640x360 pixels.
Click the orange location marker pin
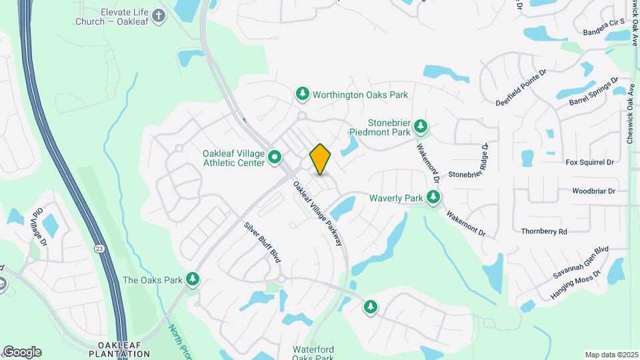click(x=320, y=159)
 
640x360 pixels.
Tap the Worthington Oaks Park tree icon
click(x=303, y=94)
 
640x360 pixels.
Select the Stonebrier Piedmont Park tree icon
click(x=420, y=126)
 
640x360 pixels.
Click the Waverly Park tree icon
click(x=434, y=197)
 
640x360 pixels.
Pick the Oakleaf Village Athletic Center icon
click(x=275, y=158)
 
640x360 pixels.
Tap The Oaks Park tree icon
click(x=193, y=279)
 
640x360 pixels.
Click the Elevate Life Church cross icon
click(x=158, y=16)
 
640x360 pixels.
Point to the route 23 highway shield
click(x=100, y=247)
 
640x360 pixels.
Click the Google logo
click(x=21, y=351)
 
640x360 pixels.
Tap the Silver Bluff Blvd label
click(x=261, y=241)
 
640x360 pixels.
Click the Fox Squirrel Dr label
click(x=589, y=162)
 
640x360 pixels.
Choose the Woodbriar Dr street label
click(x=593, y=191)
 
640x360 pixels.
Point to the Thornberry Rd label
click(x=544, y=231)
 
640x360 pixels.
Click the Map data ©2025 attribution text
click(x=611, y=355)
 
